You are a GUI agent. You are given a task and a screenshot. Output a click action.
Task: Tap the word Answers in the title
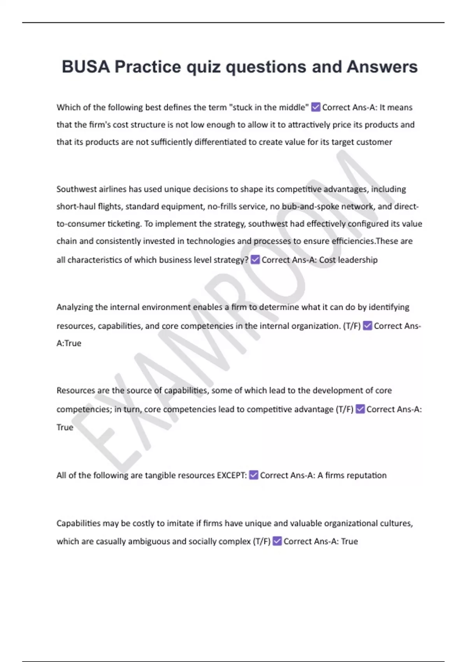point(382,67)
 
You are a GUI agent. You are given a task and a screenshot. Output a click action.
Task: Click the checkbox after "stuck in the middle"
point(316,107)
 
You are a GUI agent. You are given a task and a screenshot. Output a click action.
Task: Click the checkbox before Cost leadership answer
point(255,260)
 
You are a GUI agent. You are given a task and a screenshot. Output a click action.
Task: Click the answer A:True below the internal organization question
point(69,343)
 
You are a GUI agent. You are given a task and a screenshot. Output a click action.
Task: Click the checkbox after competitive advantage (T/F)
point(360,409)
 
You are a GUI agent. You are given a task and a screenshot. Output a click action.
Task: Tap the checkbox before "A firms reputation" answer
point(253,475)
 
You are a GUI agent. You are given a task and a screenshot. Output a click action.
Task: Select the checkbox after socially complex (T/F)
point(277,541)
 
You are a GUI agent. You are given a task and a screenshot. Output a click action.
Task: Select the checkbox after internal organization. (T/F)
point(367,326)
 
